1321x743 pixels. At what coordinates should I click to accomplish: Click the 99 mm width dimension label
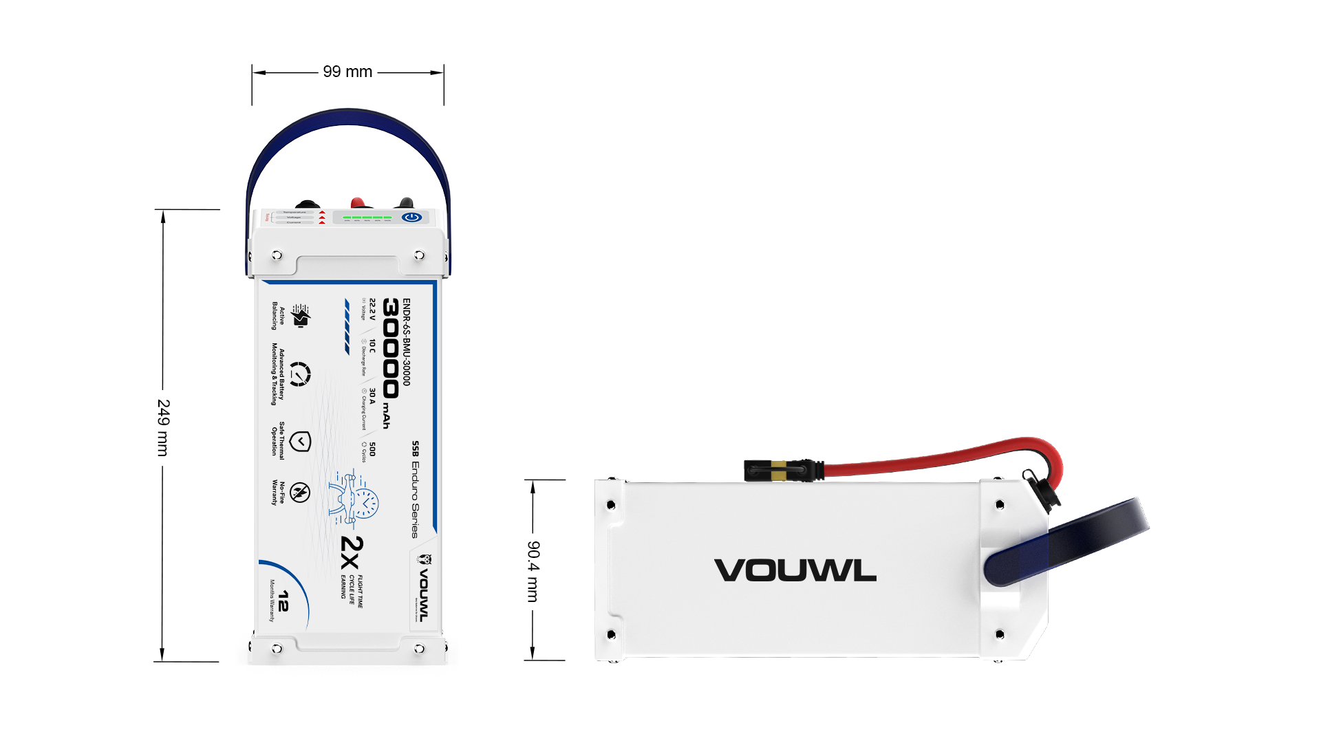(347, 72)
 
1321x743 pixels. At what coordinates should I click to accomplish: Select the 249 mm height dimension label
(163, 427)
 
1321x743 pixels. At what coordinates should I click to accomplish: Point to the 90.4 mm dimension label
(533, 571)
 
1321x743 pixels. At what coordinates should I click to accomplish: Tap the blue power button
(412, 217)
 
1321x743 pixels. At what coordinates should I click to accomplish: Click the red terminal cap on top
(358, 203)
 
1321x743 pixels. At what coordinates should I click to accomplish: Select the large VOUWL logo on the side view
(795, 570)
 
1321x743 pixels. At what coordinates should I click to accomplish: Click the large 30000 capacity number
(390, 348)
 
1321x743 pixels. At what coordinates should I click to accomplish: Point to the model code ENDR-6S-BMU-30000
(407, 342)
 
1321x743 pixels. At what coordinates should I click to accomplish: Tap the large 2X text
(352, 553)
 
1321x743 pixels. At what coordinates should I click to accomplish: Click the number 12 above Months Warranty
(283, 601)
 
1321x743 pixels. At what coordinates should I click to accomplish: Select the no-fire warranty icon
(300, 493)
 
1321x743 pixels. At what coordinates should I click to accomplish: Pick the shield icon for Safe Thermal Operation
(300, 442)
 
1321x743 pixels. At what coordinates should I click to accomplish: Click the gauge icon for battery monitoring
(299, 374)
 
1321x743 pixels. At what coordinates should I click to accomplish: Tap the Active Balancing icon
(301, 316)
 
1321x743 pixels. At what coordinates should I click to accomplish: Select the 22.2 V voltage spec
(373, 310)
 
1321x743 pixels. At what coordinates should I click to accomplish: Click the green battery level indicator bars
(367, 217)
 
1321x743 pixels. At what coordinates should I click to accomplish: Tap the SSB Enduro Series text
(415, 489)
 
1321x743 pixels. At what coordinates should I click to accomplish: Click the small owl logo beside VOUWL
(425, 559)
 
